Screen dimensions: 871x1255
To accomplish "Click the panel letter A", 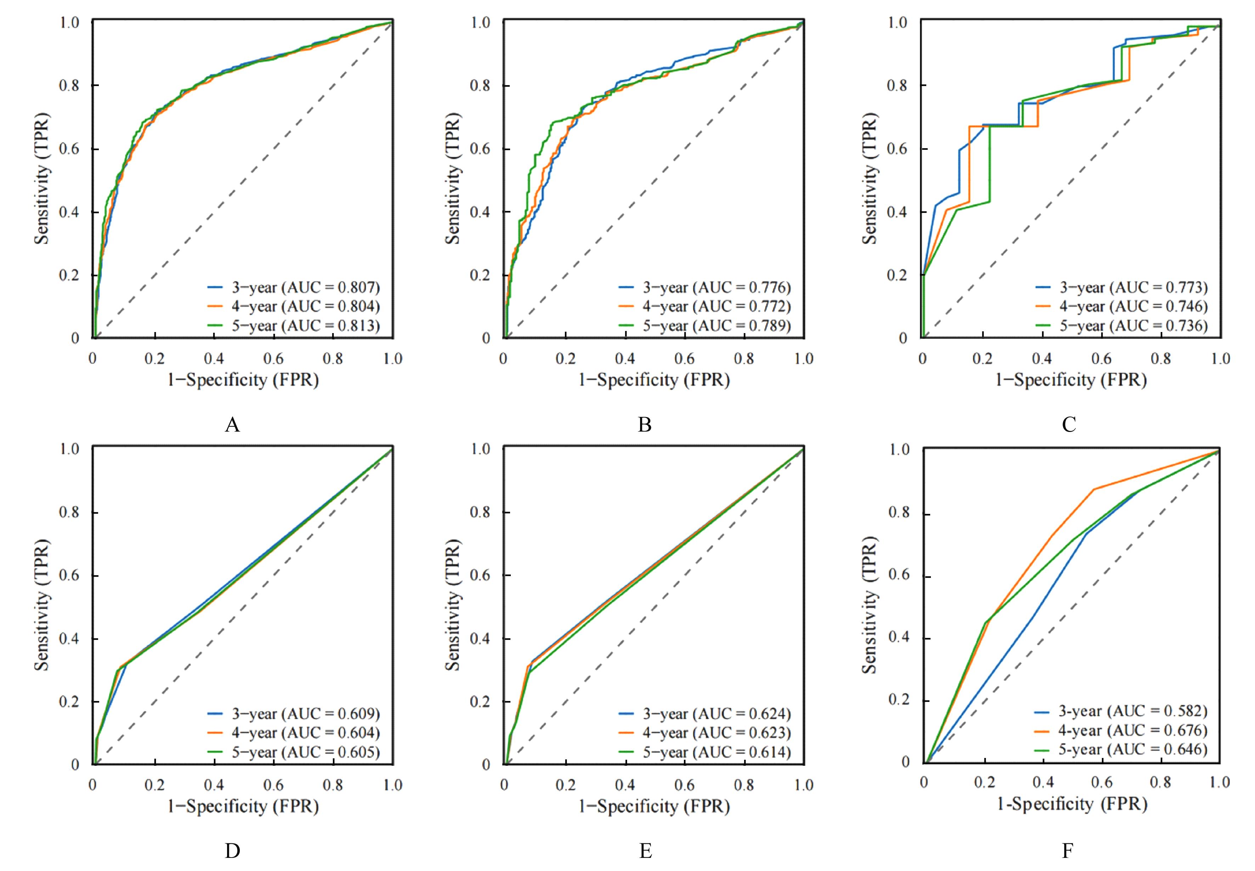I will click(x=232, y=425).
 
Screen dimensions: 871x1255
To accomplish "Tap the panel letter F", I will click(x=1067, y=850).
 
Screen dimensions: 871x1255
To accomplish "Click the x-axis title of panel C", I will click(x=1071, y=380).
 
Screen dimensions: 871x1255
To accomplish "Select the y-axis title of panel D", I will click(x=42, y=605).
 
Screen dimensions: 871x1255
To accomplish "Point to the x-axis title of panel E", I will click(x=654, y=806).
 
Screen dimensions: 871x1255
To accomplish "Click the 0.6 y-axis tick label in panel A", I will click(x=69, y=149).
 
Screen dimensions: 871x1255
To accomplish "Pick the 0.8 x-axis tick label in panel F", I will click(x=1160, y=783).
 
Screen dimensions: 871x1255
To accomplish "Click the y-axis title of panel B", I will click(x=453, y=179).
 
